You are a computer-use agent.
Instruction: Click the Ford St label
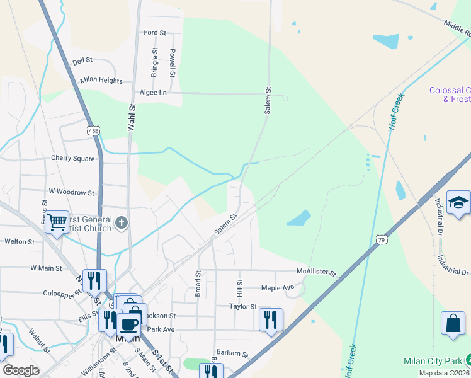154,32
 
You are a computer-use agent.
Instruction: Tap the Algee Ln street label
154,93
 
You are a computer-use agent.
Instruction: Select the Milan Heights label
101,81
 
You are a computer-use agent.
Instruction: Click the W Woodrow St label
71,192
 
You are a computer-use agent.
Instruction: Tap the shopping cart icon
57,221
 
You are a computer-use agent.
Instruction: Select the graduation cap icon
458,203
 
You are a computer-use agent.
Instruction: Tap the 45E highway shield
93,130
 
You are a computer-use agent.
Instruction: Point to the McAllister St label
317,273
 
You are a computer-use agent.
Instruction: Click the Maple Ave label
278,288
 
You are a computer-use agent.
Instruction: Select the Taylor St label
243,306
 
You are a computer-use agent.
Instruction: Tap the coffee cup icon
128,324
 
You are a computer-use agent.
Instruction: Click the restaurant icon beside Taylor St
271,318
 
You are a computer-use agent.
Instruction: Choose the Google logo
21,370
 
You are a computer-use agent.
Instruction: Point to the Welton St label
20,241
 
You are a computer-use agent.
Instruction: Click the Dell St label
82,60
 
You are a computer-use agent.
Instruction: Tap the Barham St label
229,353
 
